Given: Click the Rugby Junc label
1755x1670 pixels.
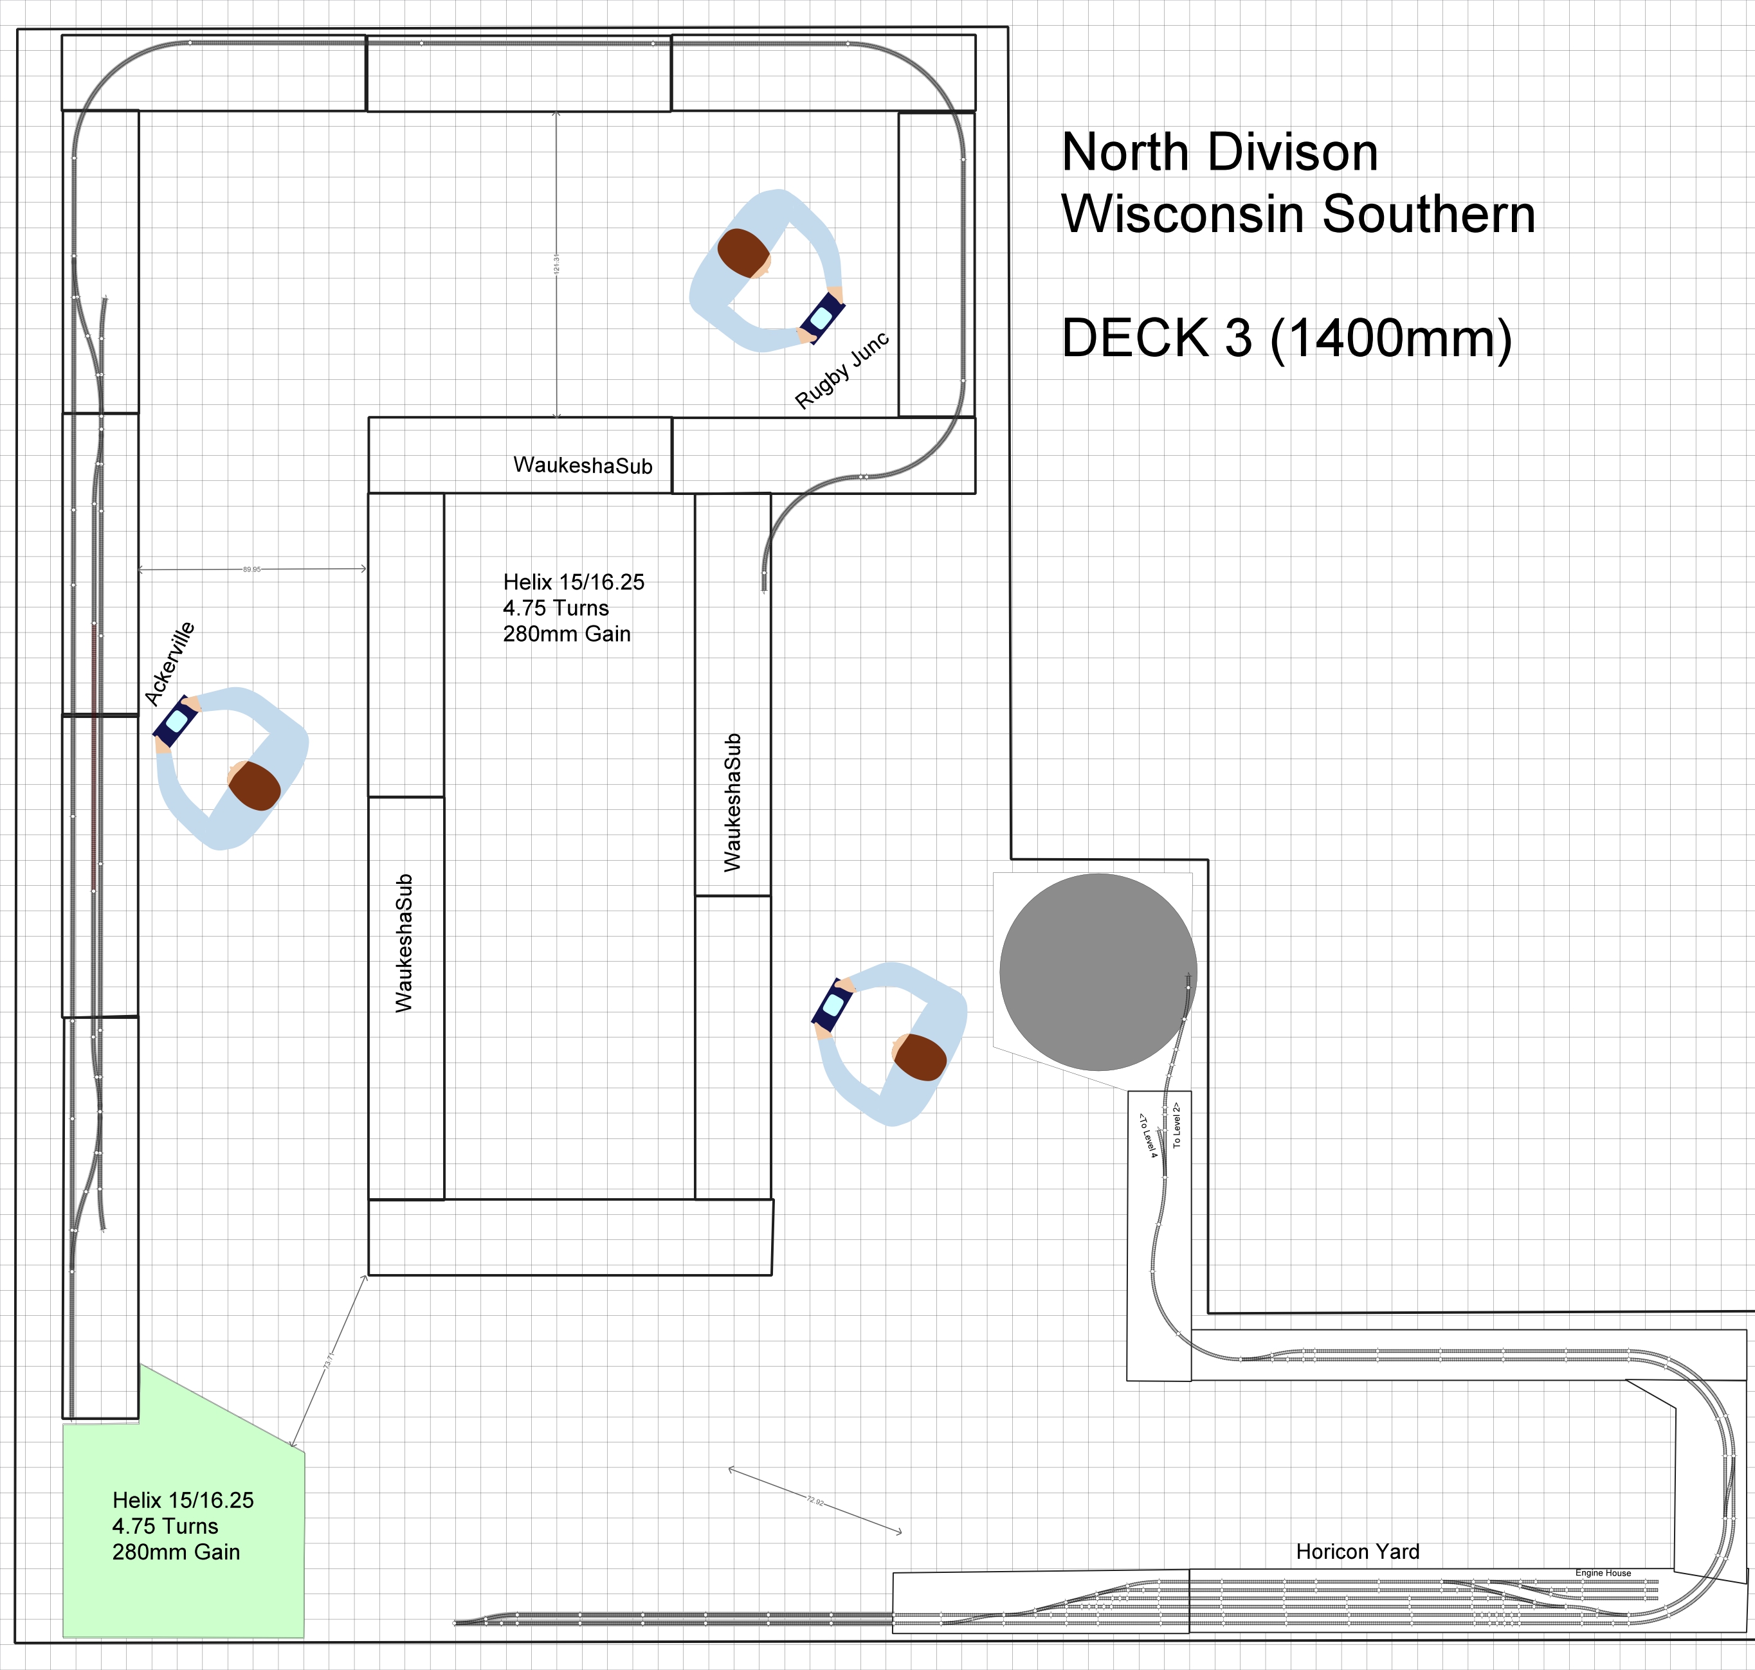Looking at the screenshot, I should (x=841, y=370).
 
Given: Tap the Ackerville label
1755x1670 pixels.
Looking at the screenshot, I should (x=169, y=663).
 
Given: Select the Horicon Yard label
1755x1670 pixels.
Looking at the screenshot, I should (x=1357, y=1552).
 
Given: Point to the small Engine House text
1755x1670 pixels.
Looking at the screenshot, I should (x=1603, y=1573).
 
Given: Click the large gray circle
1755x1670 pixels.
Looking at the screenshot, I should (x=1097, y=972).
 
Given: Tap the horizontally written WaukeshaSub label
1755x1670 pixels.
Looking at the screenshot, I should (x=583, y=465).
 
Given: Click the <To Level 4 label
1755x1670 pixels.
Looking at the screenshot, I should (x=1148, y=1135).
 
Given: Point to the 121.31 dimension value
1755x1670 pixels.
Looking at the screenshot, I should (x=556, y=264).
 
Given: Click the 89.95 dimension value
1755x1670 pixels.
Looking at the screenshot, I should (x=252, y=570).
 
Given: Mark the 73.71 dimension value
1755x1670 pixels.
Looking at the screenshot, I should (x=329, y=1361).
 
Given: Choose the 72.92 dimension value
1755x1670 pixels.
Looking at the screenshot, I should (x=815, y=1501).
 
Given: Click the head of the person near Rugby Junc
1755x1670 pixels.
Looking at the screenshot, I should (x=743, y=253).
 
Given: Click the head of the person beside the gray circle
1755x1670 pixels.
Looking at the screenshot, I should (x=920, y=1057).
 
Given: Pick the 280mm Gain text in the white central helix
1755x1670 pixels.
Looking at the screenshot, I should (x=567, y=634).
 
